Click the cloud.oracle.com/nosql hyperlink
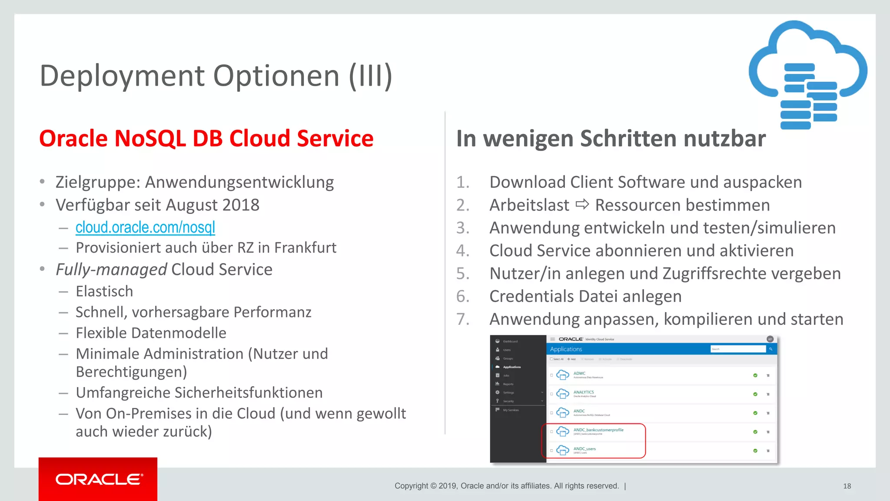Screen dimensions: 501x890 point(145,227)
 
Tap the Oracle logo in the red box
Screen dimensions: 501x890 point(99,479)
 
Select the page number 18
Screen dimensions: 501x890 point(847,486)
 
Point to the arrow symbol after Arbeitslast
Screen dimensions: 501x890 point(582,204)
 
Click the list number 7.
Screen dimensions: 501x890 point(462,319)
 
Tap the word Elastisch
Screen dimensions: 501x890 point(104,291)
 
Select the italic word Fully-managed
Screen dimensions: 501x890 point(111,270)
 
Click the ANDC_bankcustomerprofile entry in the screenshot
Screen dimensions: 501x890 point(598,430)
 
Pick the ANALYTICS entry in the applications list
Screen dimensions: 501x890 point(583,392)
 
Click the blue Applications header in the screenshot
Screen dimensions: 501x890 point(566,349)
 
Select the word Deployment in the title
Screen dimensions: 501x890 point(122,76)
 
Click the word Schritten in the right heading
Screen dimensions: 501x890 point(628,139)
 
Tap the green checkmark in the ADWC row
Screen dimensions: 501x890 point(755,375)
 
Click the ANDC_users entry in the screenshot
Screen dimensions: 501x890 point(584,449)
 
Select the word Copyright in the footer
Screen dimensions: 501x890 point(411,486)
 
